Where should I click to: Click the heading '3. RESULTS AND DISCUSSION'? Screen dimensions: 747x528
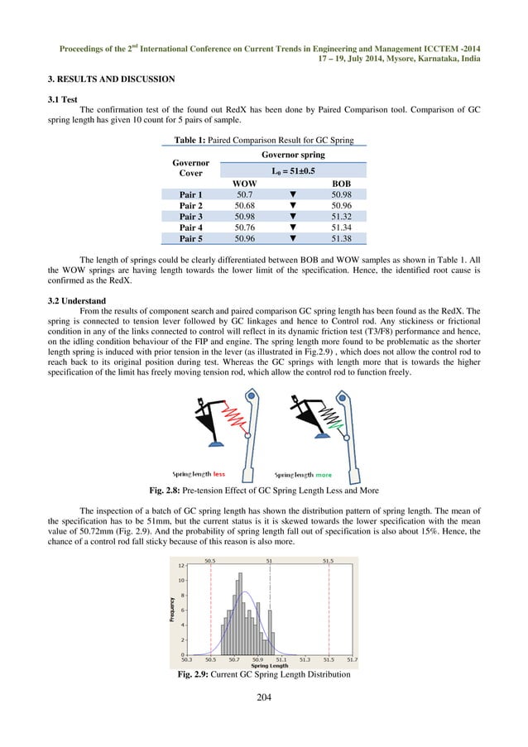[x=111, y=79]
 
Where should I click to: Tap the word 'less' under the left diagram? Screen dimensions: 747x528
[x=218, y=475]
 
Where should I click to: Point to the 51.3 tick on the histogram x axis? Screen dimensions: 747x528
[x=305, y=659]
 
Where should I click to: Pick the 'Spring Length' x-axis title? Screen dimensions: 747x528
[x=269, y=666]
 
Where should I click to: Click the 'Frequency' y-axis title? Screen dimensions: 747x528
[x=172, y=610]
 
